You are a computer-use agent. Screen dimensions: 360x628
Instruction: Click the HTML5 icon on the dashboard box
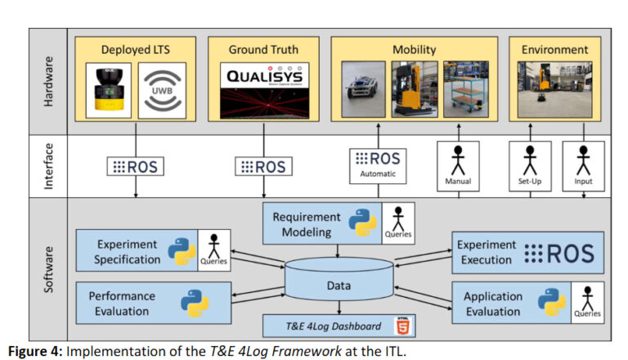tap(402, 326)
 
